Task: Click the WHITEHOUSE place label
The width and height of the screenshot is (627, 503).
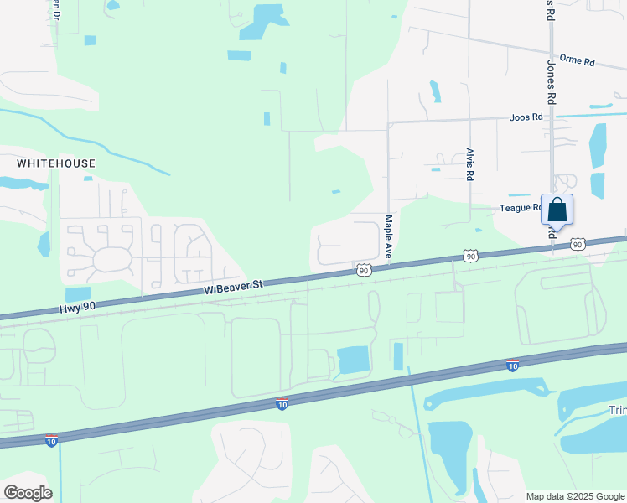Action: [x=56, y=163]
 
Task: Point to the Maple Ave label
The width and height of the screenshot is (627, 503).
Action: [x=389, y=236]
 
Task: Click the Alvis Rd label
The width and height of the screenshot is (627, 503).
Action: [x=470, y=165]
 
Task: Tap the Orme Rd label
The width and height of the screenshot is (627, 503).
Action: [x=577, y=62]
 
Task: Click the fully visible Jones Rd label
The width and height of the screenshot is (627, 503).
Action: [x=552, y=81]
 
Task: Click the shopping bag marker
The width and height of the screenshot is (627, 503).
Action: [x=557, y=210]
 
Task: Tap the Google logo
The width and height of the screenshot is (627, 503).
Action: [x=28, y=493]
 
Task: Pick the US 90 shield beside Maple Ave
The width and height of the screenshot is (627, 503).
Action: [x=363, y=270]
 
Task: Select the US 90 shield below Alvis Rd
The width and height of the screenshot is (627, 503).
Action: [x=471, y=256]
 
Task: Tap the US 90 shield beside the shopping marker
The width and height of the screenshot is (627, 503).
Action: [x=578, y=244]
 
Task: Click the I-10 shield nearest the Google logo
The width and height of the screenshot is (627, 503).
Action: [x=52, y=440]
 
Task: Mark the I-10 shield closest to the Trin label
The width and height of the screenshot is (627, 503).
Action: [x=512, y=366]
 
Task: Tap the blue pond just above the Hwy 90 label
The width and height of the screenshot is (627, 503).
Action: [x=78, y=294]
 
